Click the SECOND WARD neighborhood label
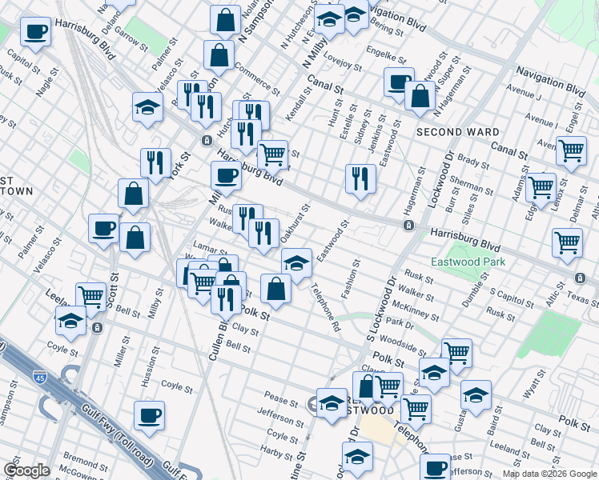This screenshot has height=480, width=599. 457,132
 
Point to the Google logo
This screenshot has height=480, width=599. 26,470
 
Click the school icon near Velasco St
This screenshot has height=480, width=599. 148,109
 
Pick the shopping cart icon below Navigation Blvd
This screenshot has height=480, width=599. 570,150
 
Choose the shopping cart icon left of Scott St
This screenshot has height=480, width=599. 91,297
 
